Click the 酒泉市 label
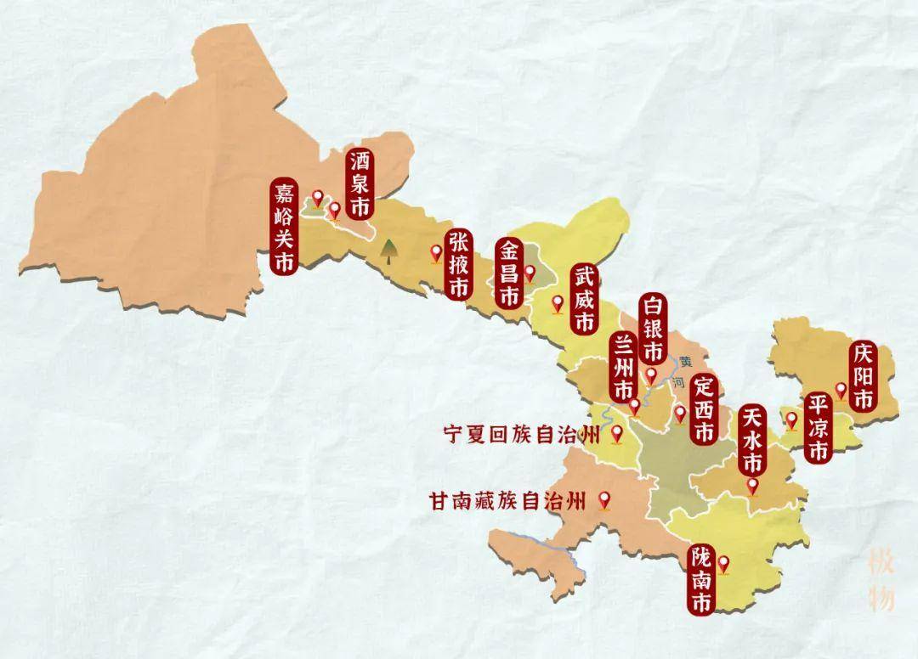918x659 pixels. click(x=360, y=183)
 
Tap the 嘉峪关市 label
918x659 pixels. click(x=283, y=227)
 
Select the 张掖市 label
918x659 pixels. click(x=458, y=264)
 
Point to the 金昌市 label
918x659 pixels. click(x=508, y=273)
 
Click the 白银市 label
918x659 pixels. click(x=654, y=329)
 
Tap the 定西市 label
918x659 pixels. click(x=703, y=408)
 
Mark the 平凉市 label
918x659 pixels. click(x=818, y=427)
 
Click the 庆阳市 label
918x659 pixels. click(x=864, y=377)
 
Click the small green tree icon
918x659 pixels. click(x=388, y=250)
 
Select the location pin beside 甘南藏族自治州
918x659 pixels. click(x=605, y=499)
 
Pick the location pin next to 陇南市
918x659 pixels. click(x=723, y=562)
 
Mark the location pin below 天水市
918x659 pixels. click(x=752, y=485)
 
